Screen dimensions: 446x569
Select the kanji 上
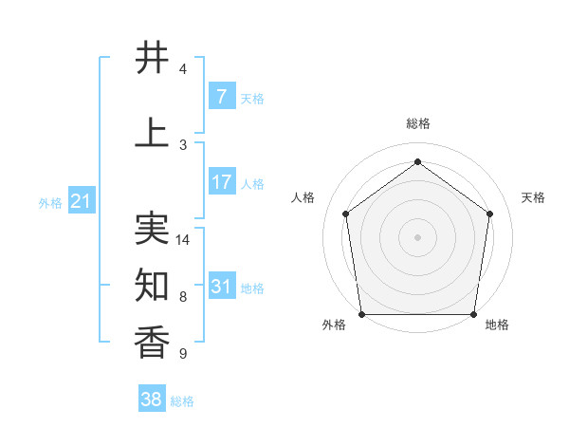click(x=153, y=132)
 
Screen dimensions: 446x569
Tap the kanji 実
click(x=153, y=228)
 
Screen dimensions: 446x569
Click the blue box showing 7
click(x=221, y=97)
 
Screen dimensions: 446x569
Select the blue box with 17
click(x=221, y=182)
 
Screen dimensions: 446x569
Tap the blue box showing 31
click(x=221, y=287)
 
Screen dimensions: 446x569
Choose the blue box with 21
click(x=80, y=201)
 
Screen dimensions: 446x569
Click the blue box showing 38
click(x=151, y=400)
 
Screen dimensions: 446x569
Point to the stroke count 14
click(x=183, y=240)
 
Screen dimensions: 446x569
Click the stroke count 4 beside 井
click(x=183, y=69)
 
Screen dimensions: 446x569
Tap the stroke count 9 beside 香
click(x=183, y=354)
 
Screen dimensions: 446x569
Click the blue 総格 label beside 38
click(x=182, y=401)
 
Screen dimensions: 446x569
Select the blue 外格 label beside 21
click(x=49, y=203)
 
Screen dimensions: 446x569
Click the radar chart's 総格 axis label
click(x=417, y=123)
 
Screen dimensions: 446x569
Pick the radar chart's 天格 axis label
click(x=533, y=197)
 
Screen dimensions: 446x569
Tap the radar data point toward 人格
click(x=345, y=214)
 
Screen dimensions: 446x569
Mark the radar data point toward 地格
click(x=473, y=314)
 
